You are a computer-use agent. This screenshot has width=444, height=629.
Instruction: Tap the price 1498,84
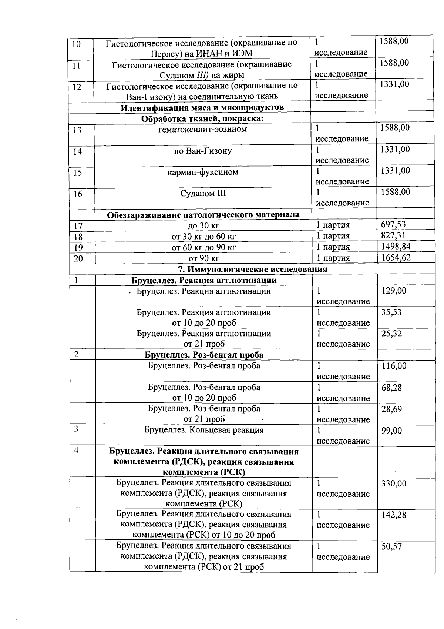[x=396, y=247]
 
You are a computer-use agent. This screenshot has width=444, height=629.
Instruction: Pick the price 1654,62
[x=396, y=257]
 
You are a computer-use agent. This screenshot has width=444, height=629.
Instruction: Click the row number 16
[x=77, y=194]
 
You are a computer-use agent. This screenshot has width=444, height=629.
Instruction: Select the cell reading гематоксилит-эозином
[x=202, y=129]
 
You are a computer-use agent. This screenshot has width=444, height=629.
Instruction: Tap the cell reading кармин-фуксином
[x=203, y=172]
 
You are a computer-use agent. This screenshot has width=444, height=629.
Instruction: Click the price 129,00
[x=394, y=291]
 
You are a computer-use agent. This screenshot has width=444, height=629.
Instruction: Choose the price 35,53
[x=391, y=312]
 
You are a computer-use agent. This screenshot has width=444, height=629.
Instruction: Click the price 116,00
[x=394, y=366]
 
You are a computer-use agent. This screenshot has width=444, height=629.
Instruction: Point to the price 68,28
[x=391, y=388]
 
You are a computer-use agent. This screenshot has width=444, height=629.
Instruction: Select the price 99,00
[x=391, y=431]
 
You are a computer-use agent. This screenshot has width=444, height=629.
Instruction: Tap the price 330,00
[x=394, y=484]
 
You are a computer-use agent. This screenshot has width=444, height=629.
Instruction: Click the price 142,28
[x=394, y=515]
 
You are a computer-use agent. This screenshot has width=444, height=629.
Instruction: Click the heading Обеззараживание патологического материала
[x=203, y=215]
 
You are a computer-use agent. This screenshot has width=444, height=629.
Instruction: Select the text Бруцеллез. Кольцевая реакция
[x=204, y=430]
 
